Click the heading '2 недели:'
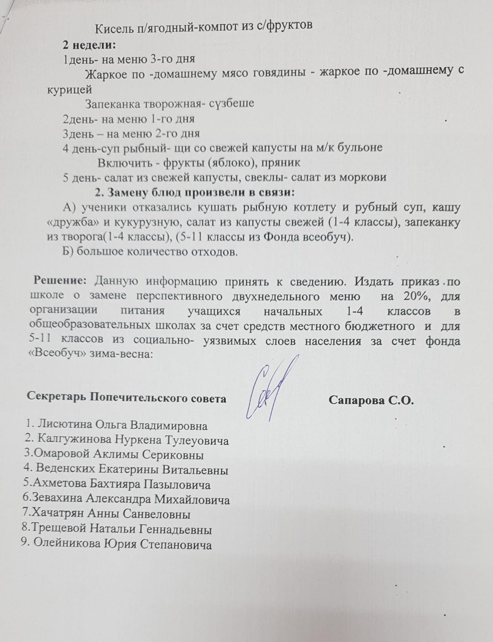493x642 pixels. click(89, 45)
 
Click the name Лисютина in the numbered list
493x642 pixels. click(64, 425)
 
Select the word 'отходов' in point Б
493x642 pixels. click(214, 252)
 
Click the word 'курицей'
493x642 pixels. click(69, 89)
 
